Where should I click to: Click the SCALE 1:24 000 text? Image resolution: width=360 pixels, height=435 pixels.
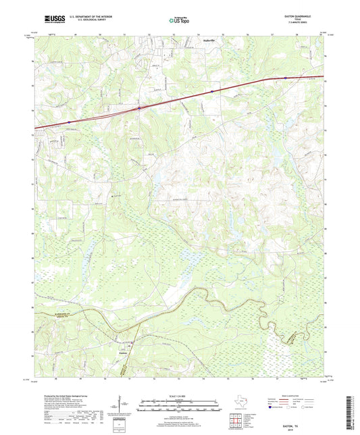click(x=180, y=395)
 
